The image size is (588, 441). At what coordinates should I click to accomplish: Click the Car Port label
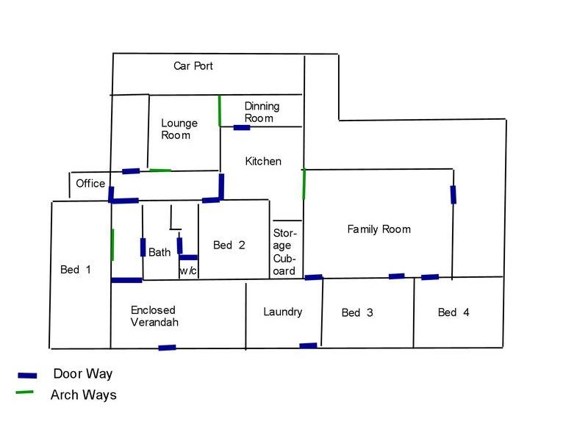(x=193, y=66)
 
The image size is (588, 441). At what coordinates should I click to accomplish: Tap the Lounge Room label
(x=179, y=129)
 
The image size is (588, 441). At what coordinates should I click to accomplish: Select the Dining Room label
(x=262, y=112)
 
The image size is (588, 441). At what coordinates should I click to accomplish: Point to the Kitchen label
(x=263, y=161)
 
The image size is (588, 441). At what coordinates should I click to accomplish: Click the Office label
(x=90, y=183)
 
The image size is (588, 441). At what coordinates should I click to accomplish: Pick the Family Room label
(x=379, y=229)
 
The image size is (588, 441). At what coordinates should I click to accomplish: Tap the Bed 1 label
(x=76, y=270)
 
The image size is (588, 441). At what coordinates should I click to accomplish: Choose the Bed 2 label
(x=229, y=245)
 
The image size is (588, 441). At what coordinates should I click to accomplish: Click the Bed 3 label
(x=357, y=313)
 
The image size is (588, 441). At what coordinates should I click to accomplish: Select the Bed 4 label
(x=453, y=312)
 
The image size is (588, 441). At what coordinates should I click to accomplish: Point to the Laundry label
(x=283, y=312)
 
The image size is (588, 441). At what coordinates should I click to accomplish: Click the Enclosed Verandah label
(x=154, y=316)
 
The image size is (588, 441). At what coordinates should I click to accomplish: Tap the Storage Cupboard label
(x=284, y=251)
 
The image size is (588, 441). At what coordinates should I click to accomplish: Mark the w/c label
(x=188, y=270)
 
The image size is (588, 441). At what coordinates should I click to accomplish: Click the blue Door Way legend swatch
(x=27, y=376)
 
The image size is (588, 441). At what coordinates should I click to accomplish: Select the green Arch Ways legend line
(x=24, y=392)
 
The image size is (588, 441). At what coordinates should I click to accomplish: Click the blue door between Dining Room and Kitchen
(x=242, y=127)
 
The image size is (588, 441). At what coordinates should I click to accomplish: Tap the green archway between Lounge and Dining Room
(x=219, y=111)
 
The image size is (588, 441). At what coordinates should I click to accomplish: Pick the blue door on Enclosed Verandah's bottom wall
(x=168, y=348)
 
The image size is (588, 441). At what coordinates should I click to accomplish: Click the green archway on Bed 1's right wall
(x=112, y=245)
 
